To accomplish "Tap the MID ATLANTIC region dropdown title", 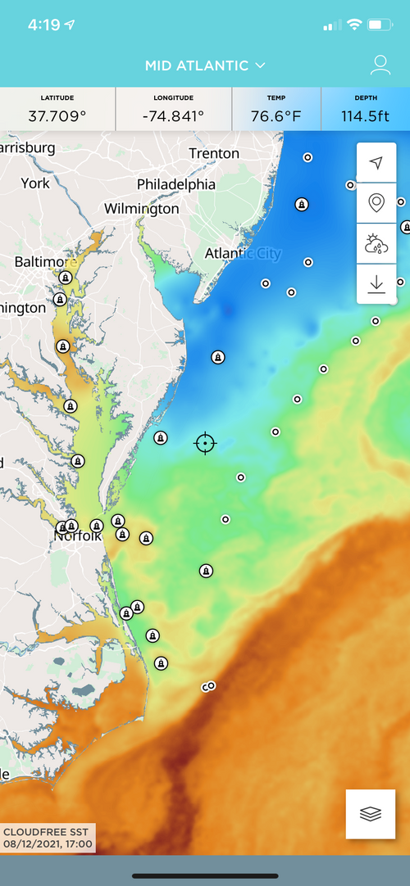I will click(205, 65).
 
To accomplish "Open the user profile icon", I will click(379, 65).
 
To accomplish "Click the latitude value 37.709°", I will click(57, 115).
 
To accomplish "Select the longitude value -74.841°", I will click(174, 115).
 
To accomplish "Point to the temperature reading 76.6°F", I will click(276, 115).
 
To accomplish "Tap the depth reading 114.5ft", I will click(366, 115).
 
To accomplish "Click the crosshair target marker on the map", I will click(205, 443).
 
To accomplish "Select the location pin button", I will click(376, 202).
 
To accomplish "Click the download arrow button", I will click(376, 283).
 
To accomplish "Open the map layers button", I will click(371, 814).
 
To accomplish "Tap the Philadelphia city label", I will click(176, 183).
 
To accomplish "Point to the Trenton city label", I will click(214, 154).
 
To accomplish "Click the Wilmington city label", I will click(141, 209).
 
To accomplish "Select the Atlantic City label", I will click(242, 253).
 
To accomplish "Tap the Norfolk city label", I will click(78, 536).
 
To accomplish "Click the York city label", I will click(35, 183).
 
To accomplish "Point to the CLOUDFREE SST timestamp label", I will click(48, 837).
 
